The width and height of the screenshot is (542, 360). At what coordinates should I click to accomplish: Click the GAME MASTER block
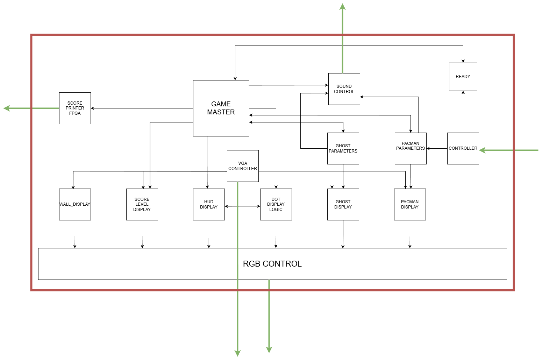coord(221,108)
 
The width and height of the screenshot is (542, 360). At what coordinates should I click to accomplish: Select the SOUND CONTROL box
coord(344,89)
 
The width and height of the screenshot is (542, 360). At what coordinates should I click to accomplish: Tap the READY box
coord(463,77)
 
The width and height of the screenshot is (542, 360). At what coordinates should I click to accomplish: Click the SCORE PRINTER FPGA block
coord(75,108)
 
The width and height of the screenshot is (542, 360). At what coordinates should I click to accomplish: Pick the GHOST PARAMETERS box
coord(343,148)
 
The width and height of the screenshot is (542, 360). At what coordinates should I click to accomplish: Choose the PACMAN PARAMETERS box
coord(411,148)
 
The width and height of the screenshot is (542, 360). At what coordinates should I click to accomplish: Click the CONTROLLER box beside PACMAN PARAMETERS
coord(463,148)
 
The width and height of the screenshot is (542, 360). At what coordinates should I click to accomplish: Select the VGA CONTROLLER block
coord(243,166)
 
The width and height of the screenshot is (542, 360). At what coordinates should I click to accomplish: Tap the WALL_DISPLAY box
coord(75,204)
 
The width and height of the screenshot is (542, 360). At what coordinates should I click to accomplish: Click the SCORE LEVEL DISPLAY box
coord(142,204)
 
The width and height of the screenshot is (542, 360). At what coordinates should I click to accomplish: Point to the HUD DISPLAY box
coord(209,204)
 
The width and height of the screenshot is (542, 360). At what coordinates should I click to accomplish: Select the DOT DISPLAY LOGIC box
coord(276,204)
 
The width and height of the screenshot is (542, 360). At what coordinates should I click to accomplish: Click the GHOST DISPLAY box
coord(343,204)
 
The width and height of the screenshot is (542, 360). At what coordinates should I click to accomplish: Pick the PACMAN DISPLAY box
coord(410,204)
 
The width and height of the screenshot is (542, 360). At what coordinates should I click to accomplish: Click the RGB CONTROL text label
coord(272,264)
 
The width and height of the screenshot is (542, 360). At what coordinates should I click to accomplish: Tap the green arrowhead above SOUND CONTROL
coord(343,7)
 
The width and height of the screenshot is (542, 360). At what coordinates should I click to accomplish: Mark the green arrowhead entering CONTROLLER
coord(483,150)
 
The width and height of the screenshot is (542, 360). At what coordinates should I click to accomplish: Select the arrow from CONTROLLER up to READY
coord(463,112)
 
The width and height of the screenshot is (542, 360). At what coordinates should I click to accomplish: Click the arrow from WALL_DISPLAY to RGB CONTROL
coord(75,234)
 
